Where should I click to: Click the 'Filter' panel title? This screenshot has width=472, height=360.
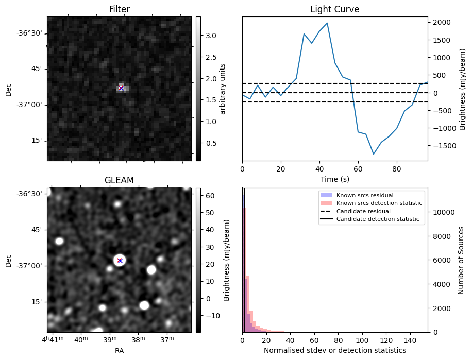click(x=119, y=9)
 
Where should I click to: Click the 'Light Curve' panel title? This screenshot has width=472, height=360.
click(x=334, y=9)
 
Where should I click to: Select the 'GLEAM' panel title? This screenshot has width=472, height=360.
click(x=119, y=180)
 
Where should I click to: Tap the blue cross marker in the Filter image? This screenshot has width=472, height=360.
click(x=121, y=88)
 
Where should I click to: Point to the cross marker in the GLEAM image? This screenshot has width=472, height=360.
click(x=120, y=261)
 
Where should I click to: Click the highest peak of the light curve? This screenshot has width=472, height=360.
click(x=327, y=23)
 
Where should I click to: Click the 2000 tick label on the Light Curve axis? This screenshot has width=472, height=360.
click(x=442, y=22)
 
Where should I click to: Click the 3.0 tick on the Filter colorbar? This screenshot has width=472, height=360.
click(x=210, y=36)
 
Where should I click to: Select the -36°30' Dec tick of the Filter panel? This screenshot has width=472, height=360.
click(x=30, y=33)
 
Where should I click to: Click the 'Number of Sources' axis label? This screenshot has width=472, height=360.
click(x=461, y=260)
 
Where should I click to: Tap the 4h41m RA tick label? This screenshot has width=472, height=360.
click(x=52, y=340)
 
